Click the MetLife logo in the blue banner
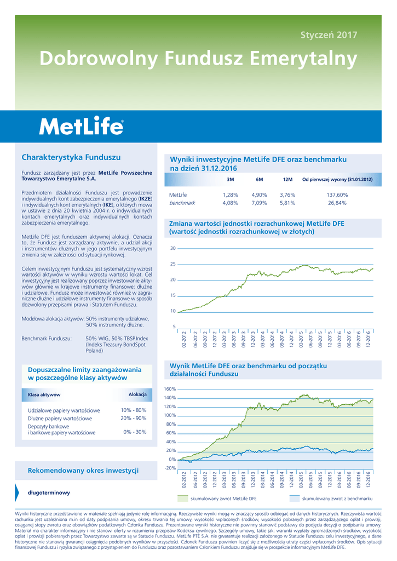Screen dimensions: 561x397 81,127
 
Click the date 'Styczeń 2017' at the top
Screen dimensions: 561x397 329,35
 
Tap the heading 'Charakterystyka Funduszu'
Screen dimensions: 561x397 63,157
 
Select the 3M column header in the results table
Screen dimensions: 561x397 230,180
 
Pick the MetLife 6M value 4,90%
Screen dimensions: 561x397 259,194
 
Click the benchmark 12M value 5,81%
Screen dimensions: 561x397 287,203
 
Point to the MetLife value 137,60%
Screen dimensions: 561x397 337,194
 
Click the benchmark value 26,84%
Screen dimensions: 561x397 337,203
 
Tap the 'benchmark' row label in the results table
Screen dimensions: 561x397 182,203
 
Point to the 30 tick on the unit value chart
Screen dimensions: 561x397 172,249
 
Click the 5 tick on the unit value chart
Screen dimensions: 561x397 174,327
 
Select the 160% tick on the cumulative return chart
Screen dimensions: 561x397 170,389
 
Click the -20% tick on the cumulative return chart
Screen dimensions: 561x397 170,468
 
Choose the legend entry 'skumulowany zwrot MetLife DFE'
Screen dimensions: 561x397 223,499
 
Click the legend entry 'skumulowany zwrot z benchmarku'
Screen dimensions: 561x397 337,499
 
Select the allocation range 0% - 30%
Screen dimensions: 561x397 135,432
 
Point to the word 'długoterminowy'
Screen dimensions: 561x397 49,493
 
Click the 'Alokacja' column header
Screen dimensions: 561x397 137,394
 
